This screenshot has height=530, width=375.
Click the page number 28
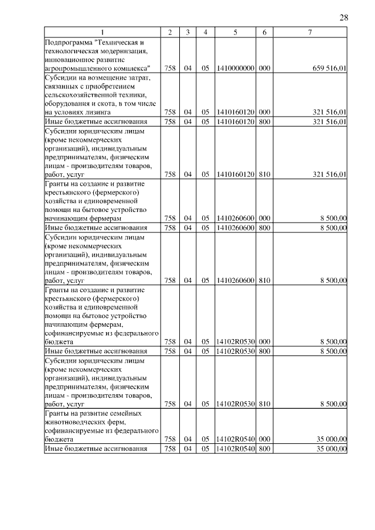344,18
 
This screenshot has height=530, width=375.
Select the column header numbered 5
235,32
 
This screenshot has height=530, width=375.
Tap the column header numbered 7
309,32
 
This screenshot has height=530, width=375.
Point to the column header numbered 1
103,32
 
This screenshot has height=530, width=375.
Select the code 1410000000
235,69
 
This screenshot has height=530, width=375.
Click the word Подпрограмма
68,42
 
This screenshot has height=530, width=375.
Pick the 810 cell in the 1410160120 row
264,174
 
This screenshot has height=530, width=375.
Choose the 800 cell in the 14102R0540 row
264,449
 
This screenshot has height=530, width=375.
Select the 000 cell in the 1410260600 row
264,218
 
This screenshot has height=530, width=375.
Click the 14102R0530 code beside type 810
235,404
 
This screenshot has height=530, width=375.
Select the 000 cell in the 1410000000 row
264,69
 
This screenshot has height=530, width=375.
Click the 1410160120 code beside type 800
235,121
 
